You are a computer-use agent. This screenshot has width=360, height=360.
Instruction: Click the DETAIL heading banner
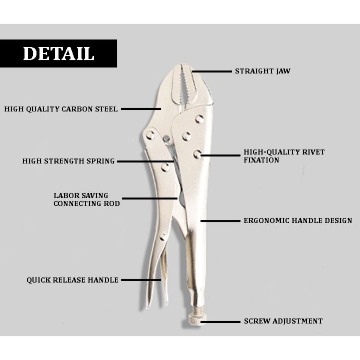(x=58, y=53)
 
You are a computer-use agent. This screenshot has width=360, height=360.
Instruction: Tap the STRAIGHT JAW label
(x=263, y=71)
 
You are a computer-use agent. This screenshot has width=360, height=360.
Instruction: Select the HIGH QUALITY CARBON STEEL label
(x=61, y=109)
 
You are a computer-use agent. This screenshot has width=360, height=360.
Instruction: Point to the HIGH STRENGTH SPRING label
(x=68, y=161)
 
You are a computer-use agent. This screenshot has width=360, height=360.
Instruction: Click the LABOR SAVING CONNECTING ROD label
(x=86, y=199)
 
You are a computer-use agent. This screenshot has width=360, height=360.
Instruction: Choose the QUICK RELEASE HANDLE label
(x=72, y=280)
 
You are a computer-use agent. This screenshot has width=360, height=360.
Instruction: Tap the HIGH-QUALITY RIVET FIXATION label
(x=284, y=156)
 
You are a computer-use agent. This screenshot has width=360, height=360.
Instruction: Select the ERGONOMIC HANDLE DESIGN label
(x=298, y=221)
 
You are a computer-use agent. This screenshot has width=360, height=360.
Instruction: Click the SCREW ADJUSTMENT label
(x=283, y=321)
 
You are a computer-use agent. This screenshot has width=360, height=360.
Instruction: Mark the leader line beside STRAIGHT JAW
(x=212, y=71)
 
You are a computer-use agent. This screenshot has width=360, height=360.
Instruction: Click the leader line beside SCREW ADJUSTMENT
(x=220, y=321)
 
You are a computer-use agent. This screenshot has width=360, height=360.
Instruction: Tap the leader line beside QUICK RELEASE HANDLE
(x=141, y=280)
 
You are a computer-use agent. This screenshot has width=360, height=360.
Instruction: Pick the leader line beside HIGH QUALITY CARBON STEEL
(x=141, y=109)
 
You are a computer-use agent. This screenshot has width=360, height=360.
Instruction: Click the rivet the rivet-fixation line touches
(x=197, y=154)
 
